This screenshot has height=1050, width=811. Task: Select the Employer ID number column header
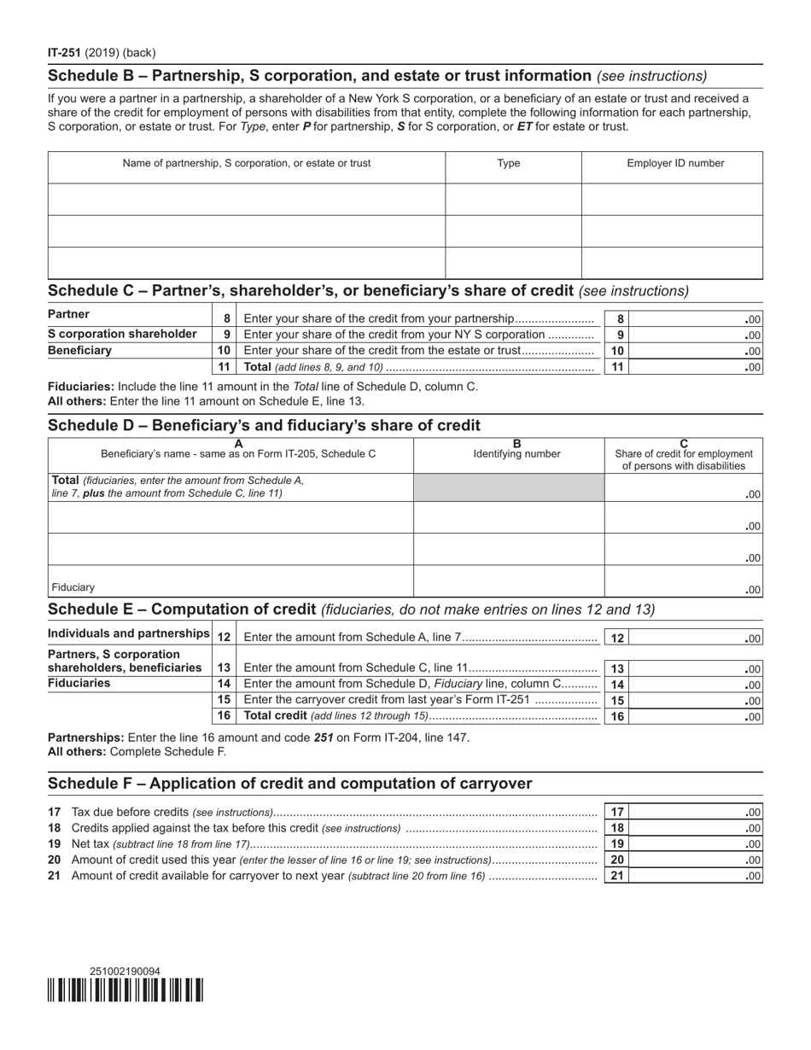click(675, 164)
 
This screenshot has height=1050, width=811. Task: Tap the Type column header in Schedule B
click(509, 164)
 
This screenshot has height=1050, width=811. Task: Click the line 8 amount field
click(695, 318)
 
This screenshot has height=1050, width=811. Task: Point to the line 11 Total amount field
click(695, 367)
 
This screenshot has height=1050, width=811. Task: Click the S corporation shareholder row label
click(122, 334)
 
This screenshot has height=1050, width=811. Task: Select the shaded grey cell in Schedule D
click(509, 487)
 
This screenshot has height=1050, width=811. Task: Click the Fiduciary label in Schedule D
click(73, 587)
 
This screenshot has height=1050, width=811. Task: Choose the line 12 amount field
click(695, 638)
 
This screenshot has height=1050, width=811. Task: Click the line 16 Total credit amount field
click(695, 716)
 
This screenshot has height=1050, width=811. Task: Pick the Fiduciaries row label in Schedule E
click(79, 684)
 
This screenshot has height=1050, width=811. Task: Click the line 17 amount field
click(695, 812)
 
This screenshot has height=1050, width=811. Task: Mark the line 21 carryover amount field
click(695, 875)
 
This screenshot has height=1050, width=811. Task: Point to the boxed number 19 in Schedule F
click(616, 843)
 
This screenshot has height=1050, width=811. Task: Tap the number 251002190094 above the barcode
click(125, 971)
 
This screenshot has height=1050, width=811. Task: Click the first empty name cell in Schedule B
click(246, 199)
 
